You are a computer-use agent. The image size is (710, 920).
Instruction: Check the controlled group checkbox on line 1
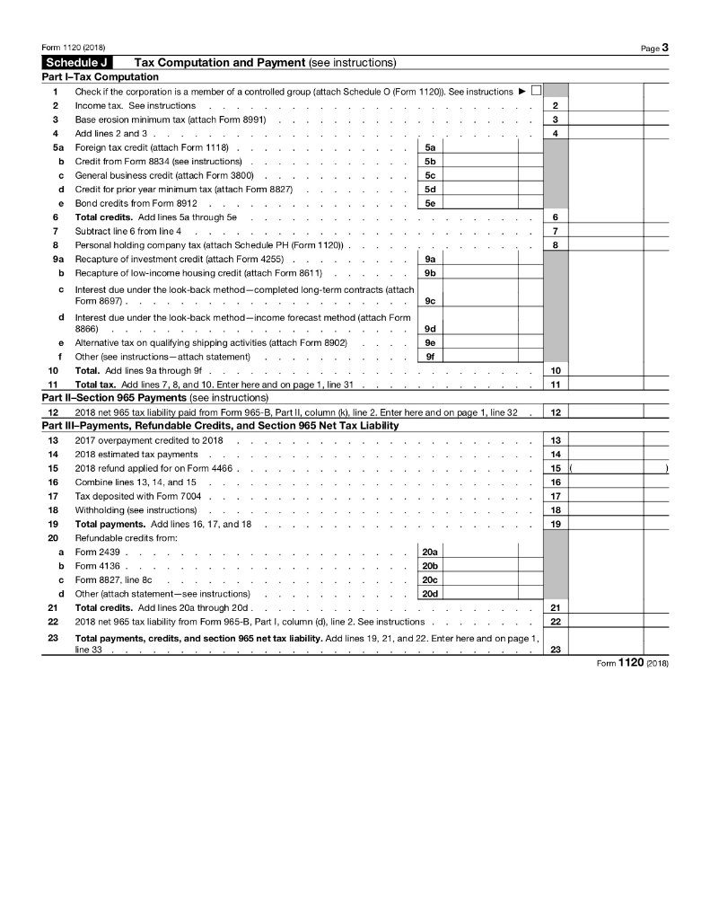coord(536,91)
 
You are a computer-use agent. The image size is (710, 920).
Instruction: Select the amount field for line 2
coord(618,105)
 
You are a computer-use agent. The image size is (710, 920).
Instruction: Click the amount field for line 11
coord(618,385)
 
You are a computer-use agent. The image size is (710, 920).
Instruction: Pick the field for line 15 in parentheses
coord(618,468)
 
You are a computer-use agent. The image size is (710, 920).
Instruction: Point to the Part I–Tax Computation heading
coord(101,77)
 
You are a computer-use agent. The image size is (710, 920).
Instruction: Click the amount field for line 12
coord(618,412)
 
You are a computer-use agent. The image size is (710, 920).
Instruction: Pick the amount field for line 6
coord(618,217)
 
